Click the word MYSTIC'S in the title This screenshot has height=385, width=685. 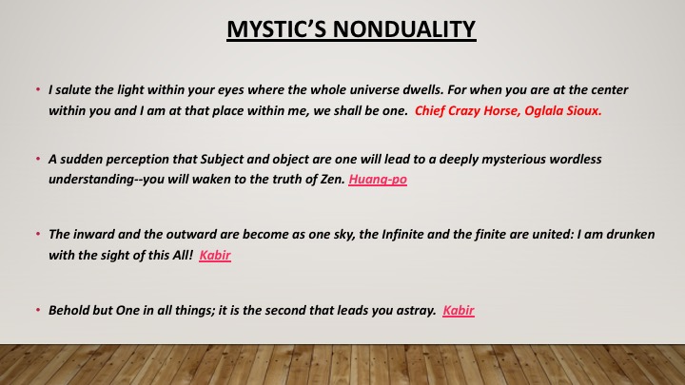coord(277,29)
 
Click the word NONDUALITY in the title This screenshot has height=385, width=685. coord(404,29)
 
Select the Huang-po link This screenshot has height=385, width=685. coord(378,180)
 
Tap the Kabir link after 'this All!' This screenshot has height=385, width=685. coord(215,255)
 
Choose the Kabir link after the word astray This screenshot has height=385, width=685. coord(459,310)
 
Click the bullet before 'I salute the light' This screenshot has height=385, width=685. coord(38,90)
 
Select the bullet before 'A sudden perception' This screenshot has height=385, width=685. coord(38,159)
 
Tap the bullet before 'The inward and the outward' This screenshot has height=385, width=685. coord(38,235)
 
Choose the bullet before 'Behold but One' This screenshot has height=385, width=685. coord(38,310)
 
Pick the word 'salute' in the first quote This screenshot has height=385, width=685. coord(70,90)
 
